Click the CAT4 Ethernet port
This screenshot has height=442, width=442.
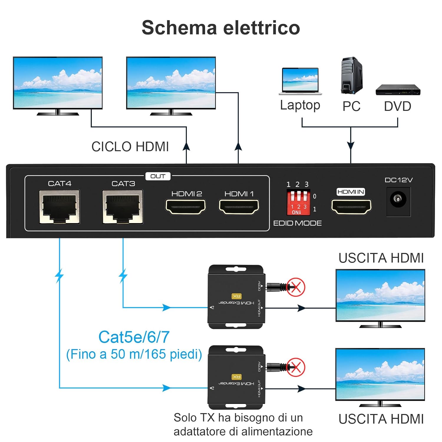[60, 207]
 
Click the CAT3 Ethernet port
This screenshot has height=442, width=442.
[123, 207]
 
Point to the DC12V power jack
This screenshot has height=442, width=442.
[398, 200]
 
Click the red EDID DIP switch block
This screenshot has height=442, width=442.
[298, 202]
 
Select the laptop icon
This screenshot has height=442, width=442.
[300, 81]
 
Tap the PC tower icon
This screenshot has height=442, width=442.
[352, 76]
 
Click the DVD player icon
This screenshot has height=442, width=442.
[398, 90]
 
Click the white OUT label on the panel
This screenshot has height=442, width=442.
[158, 176]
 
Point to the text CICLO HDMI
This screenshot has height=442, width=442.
[130, 146]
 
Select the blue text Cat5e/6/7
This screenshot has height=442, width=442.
[134, 337]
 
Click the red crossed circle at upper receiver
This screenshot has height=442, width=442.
[296, 287]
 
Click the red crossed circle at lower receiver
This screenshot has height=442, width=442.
[296, 367]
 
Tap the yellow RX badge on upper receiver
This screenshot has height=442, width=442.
[236, 296]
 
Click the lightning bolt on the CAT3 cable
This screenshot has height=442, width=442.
[123, 276]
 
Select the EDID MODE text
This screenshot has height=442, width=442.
[297, 223]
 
